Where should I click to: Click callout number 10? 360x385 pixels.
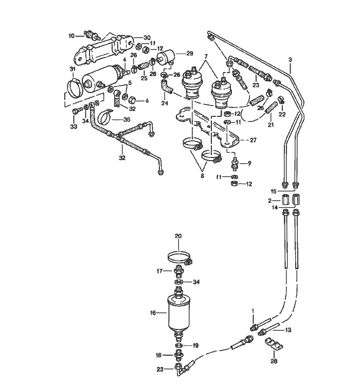click(71, 36)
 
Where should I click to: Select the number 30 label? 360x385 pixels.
click(147, 38)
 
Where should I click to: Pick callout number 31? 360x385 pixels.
click(72, 70)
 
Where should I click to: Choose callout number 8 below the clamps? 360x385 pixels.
click(202, 176)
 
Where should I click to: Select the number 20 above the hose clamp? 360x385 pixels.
click(178, 236)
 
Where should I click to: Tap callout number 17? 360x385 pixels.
click(159, 270)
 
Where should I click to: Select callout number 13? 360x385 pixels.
click(289, 329)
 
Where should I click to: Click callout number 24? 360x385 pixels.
click(165, 103)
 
